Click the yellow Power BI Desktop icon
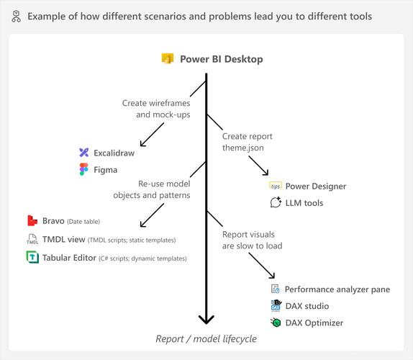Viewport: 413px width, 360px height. [x=168, y=59]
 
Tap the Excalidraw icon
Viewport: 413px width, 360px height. [x=84, y=153]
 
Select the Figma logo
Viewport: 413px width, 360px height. [x=84, y=170]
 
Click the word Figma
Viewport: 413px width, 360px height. [x=105, y=170]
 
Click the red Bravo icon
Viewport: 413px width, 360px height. [x=32, y=220]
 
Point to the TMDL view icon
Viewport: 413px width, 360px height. [x=32, y=239]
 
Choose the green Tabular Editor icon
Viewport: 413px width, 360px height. [x=32, y=258]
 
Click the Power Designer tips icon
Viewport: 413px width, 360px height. [x=276, y=186]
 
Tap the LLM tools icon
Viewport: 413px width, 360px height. [x=276, y=203]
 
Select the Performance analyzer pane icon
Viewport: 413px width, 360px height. [x=275, y=289]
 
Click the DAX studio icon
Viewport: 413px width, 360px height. [x=275, y=306]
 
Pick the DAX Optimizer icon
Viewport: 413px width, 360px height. [x=275, y=323]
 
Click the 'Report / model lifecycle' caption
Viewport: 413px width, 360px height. [x=206, y=339]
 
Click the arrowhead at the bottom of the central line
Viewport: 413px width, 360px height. [x=206, y=320]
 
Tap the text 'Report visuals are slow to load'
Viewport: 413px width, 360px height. [x=252, y=239]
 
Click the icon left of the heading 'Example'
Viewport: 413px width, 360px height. [x=14, y=16]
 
